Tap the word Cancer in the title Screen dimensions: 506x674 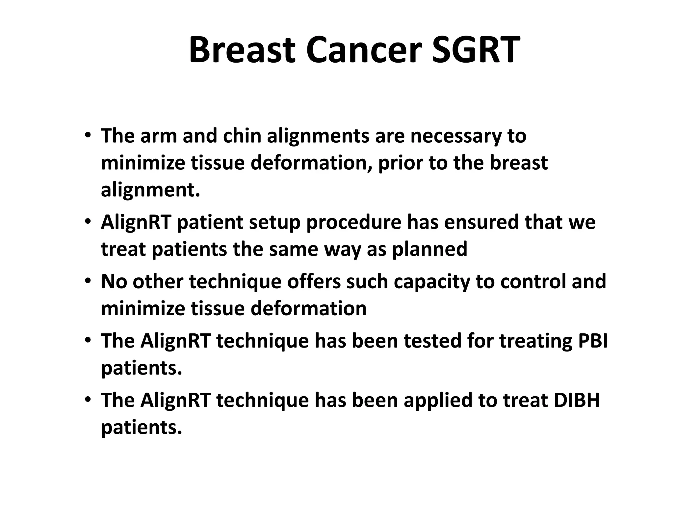point(363,50)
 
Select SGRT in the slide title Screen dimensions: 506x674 point(476,50)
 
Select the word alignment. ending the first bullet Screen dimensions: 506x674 point(150,190)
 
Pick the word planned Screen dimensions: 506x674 point(429,249)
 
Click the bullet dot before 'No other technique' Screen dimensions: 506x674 point(87,281)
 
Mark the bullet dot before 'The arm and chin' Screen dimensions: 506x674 point(87,135)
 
